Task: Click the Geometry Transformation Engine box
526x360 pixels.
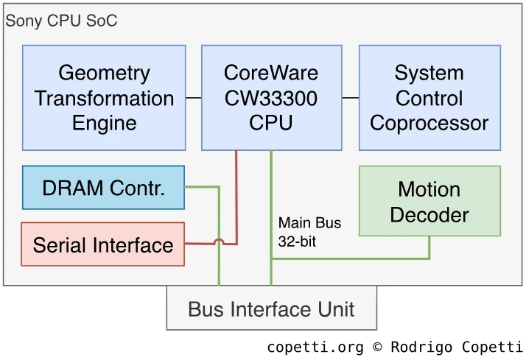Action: point(104,98)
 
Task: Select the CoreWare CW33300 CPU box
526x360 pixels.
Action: point(271,98)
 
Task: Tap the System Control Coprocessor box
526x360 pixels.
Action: point(429,98)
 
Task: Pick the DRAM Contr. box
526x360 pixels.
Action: point(103,188)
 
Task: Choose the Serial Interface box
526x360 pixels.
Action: point(102,244)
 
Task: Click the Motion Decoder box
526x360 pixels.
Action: point(429,201)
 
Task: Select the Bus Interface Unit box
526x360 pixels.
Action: point(271,308)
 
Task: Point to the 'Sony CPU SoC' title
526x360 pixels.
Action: point(62,20)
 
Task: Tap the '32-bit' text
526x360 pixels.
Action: point(297,241)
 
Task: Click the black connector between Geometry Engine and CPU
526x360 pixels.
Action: point(194,97)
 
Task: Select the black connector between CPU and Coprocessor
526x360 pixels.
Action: point(351,97)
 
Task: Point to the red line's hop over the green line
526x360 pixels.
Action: point(219,241)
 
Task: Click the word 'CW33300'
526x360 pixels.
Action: point(271,98)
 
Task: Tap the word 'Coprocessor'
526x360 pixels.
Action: point(429,122)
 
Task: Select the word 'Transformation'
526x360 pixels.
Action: point(104,98)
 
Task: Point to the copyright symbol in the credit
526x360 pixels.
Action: point(378,347)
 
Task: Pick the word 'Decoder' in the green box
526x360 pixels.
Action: point(429,214)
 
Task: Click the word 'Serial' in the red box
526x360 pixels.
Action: point(62,245)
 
